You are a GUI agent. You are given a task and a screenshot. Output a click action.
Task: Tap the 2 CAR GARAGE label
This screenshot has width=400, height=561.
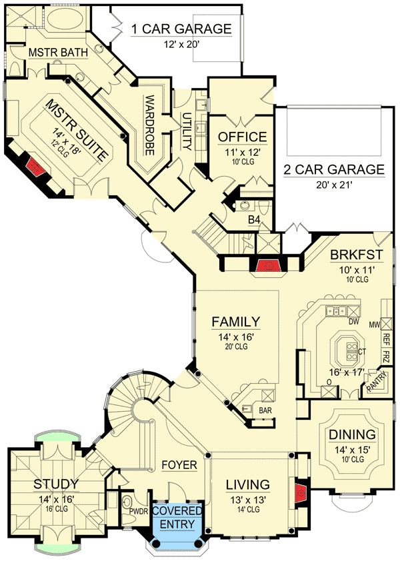[x=333, y=169]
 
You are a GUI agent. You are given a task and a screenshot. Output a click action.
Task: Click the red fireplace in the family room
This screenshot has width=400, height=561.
[x=268, y=266]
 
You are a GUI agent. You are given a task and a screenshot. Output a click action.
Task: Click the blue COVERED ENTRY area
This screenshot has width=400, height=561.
[x=175, y=517]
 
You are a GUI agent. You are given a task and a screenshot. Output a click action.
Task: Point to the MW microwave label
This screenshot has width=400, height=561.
[x=374, y=324]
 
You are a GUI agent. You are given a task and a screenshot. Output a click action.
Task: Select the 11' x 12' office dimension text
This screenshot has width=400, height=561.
[x=242, y=151]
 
